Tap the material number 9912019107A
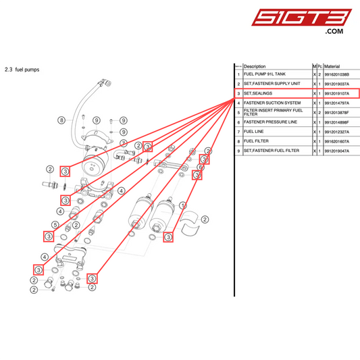click(341, 93)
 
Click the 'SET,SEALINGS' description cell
click(259, 93)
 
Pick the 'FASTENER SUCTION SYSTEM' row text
click(272, 103)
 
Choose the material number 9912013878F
click(341, 112)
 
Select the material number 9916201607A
click(341, 141)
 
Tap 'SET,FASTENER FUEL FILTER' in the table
click(272, 151)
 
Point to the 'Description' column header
click(255, 66)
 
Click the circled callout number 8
click(61, 120)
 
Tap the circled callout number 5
click(55, 224)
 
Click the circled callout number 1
click(182, 206)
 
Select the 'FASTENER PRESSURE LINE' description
click(270, 122)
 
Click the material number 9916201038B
click(341, 74)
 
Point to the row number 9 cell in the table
click(238, 151)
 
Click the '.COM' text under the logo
click(335, 32)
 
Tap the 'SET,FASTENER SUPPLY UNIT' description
click(272, 84)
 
